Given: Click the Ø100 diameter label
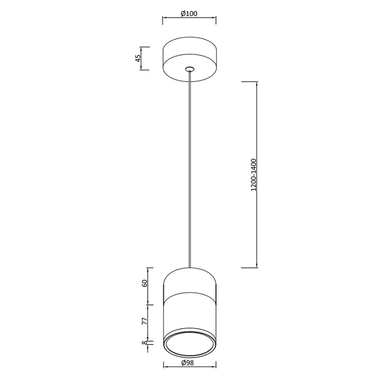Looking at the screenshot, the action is [x=189, y=13].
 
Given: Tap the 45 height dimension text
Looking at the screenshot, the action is [x=138, y=58].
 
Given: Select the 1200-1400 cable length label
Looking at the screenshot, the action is [x=254, y=175].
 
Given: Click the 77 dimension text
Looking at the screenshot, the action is [x=144, y=321].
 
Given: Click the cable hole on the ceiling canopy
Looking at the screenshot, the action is [x=190, y=69].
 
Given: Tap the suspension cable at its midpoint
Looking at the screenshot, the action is [x=190, y=169].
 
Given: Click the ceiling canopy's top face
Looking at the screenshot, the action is [x=189, y=47].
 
